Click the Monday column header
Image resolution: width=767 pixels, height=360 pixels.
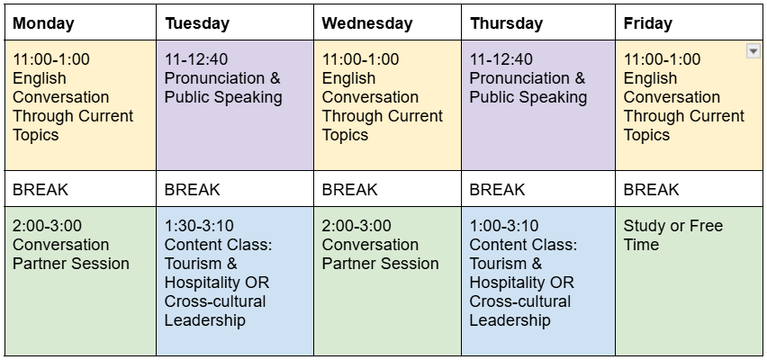tap(43, 23)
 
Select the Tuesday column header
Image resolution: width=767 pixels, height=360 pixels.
tap(196, 23)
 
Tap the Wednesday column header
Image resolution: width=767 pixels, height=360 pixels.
tap(366, 23)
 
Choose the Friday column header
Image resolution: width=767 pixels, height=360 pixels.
tap(646, 23)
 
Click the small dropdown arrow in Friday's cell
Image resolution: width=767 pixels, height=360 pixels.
tap(753, 52)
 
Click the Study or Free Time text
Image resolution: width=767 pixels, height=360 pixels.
tap(672, 235)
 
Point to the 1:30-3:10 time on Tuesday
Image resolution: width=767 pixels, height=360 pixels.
tap(199, 226)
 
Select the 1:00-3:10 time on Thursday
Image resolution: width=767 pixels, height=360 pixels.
tap(504, 226)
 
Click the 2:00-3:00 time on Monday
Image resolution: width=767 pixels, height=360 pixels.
tap(47, 226)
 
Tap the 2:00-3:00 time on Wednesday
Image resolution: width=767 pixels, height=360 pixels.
tap(356, 226)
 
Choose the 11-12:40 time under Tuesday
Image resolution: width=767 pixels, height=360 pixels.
tap(196, 59)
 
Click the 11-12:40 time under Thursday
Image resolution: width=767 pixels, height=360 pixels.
tap(501, 59)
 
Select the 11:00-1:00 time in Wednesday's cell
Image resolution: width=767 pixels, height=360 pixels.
tap(360, 59)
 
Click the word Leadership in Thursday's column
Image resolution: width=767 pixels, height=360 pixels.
tap(510, 320)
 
